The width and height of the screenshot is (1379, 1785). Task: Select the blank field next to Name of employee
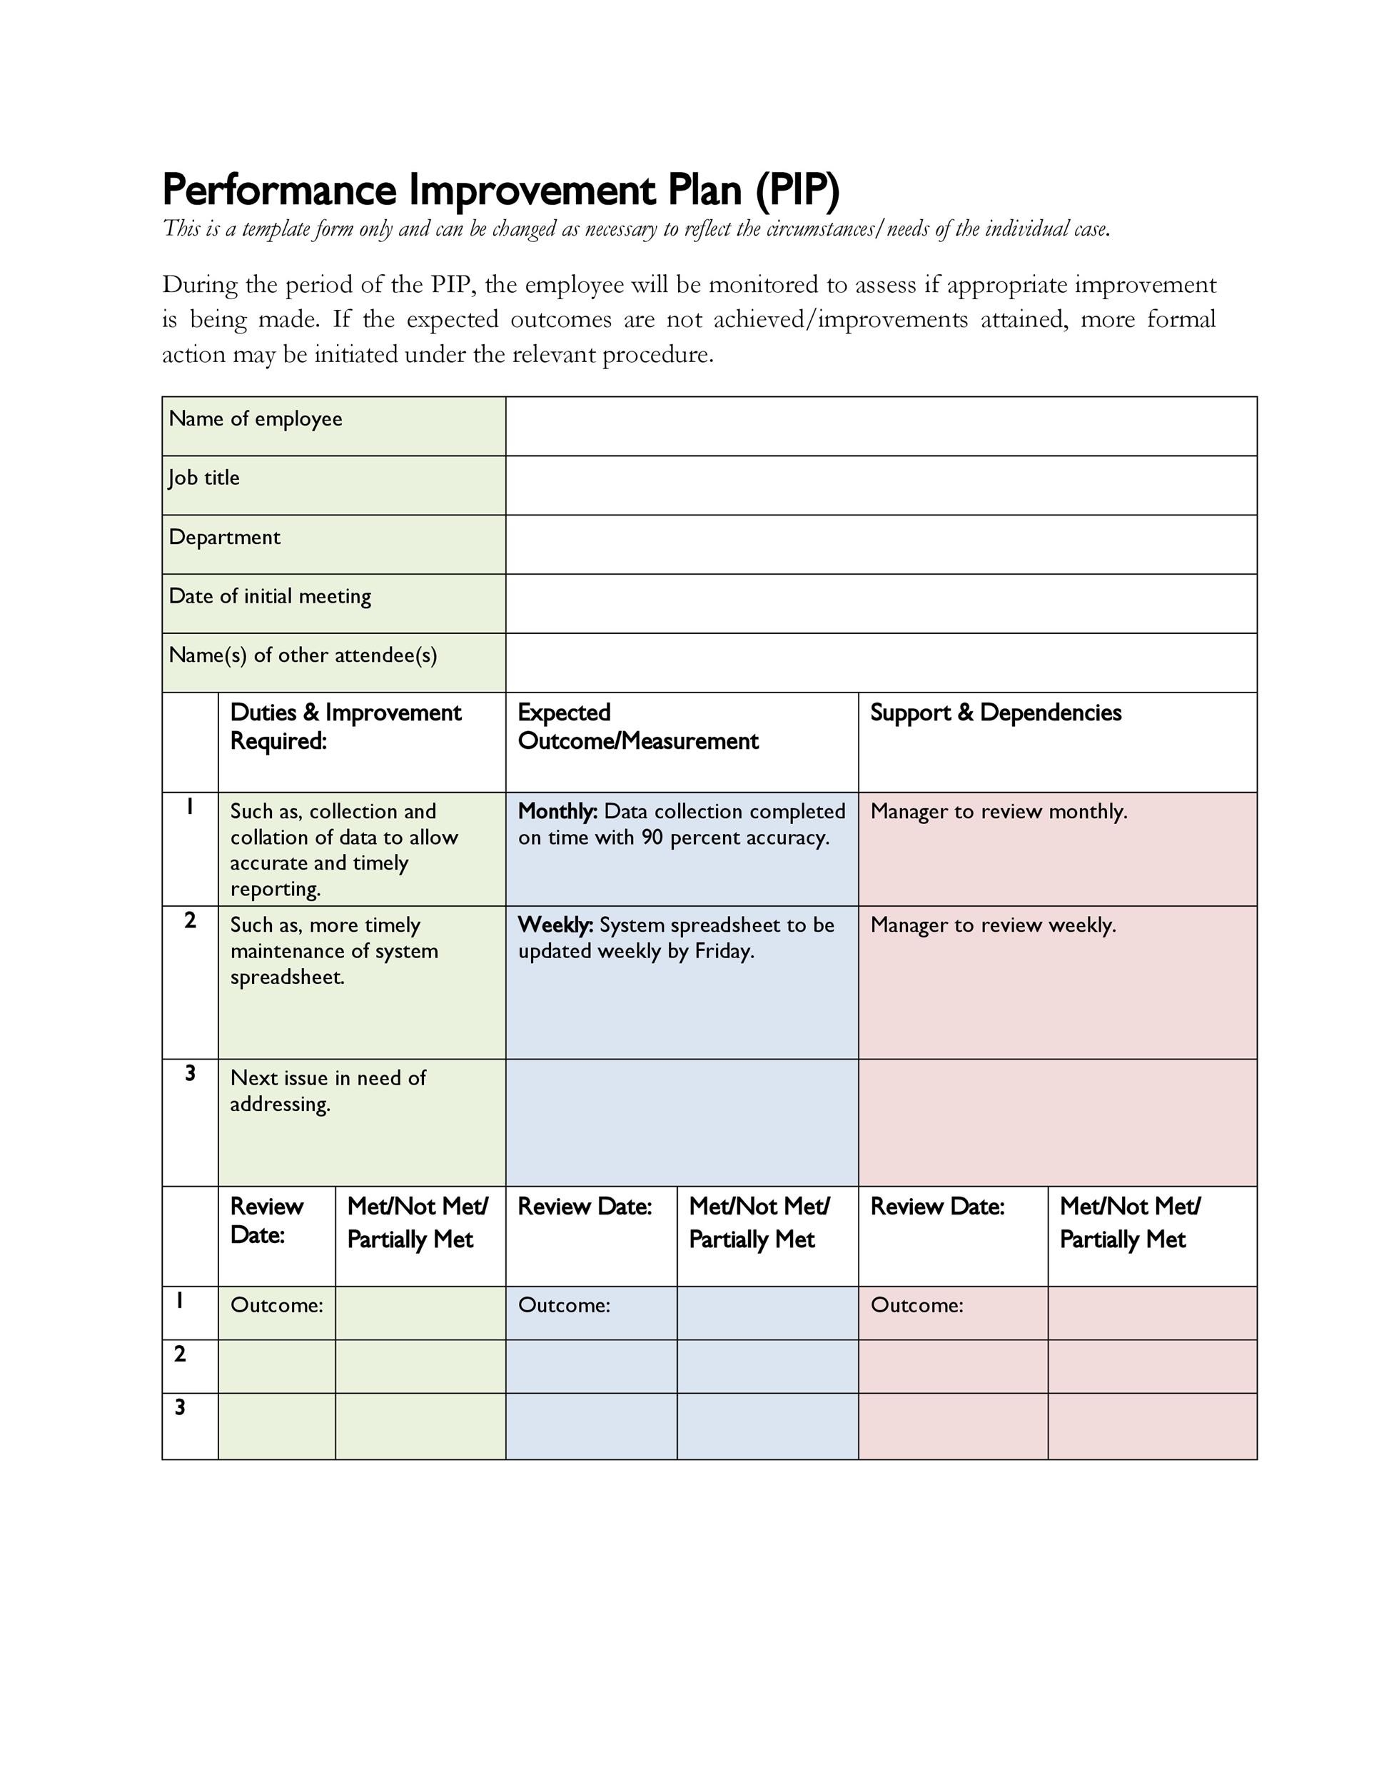tap(880, 426)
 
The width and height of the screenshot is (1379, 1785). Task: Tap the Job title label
tap(204, 478)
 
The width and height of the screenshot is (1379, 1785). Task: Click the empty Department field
tap(880, 544)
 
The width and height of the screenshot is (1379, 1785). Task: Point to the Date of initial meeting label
tap(270, 597)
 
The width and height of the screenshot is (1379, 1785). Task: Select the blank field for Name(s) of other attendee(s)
tap(880, 663)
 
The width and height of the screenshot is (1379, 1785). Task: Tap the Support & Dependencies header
tap(995, 713)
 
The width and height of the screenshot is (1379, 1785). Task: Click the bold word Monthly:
tap(557, 812)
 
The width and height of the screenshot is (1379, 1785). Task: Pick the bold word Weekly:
tap(555, 925)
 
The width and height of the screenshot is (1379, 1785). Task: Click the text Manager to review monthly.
tap(999, 812)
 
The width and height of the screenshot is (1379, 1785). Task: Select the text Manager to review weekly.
tap(993, 925)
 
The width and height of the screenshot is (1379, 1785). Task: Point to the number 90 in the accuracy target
tap(652, 838)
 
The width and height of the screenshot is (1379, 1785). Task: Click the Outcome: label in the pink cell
tap(916, 1305)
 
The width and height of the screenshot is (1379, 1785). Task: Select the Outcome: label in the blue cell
tap(564, 1305)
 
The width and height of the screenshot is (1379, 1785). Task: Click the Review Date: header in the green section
tap(266, 1220)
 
